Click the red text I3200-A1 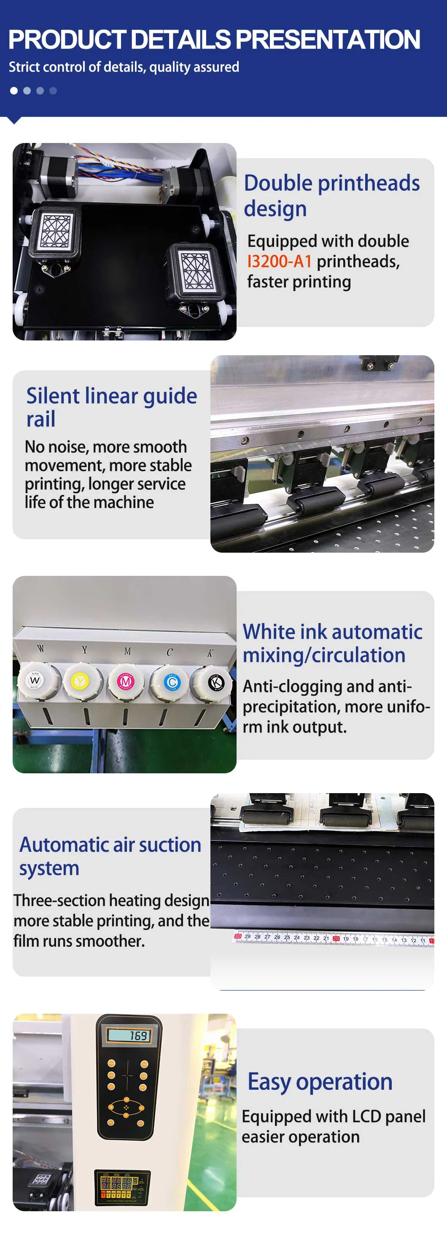280,262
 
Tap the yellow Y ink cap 80,680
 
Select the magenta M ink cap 125,681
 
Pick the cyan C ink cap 171,682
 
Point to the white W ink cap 35,680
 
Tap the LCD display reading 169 129,1036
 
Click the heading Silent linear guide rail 111,407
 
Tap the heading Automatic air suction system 110,856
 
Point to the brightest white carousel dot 14,91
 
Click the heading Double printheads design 331,196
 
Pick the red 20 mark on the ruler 336,938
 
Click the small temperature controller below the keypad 123,1187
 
